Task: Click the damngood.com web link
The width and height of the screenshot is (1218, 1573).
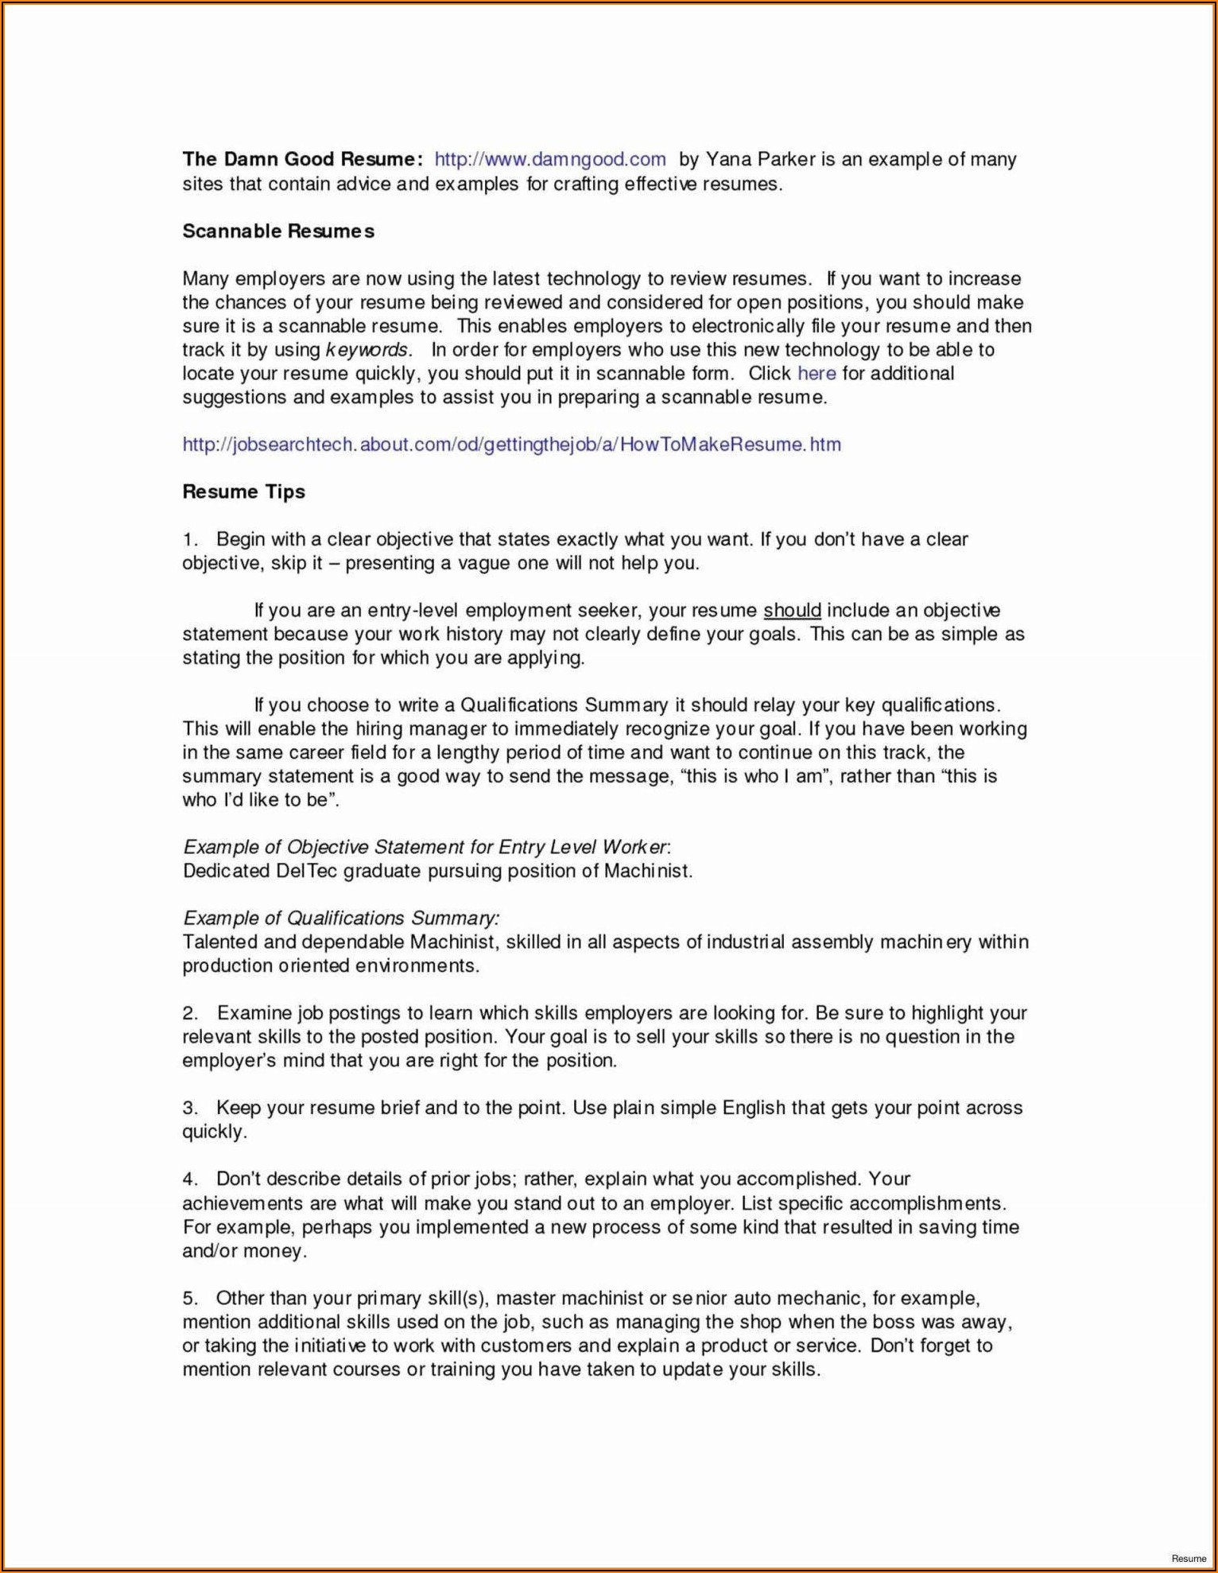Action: (549, 159)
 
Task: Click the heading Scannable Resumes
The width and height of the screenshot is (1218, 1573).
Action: (278, 231)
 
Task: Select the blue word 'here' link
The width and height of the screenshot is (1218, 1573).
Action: (817, 374)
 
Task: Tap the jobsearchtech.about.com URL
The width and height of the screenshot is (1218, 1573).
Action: (511, 445)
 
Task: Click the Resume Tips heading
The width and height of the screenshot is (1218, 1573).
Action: (243, 491)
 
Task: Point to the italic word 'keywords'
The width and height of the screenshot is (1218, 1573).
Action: (367, 350)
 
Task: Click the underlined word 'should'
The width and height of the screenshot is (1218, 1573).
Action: (792, 611)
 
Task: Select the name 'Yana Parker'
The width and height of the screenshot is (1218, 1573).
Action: (760, 159)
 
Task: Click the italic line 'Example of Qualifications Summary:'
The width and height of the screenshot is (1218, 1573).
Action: (341, 919)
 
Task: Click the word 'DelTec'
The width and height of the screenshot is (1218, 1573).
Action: (306, 871)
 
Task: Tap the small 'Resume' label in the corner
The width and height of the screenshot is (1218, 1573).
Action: (1188, 1558)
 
